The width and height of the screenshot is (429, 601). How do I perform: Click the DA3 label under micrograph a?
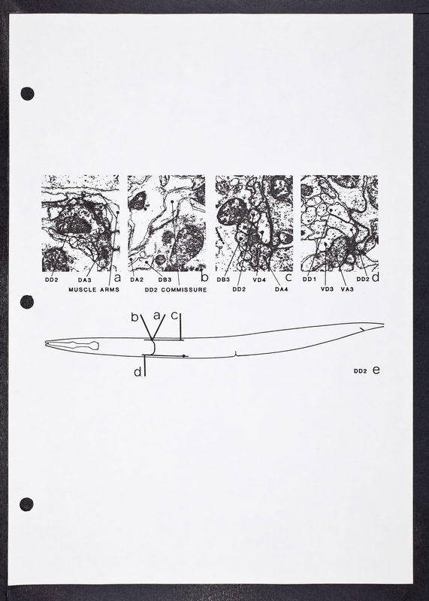click(84, 279)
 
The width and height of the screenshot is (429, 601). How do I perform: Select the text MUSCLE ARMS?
click(94, 289)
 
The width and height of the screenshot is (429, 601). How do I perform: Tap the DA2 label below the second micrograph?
click(137, 279)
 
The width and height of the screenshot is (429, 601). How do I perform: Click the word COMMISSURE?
click(183, 290)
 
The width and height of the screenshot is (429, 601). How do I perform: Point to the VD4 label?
click(259, 279)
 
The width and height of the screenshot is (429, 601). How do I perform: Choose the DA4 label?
click(282, 289)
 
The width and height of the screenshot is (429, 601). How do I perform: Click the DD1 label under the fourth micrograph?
click(309, 279)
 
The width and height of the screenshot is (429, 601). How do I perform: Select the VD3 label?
click(327, 289)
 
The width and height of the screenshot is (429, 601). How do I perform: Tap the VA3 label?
click(347, 289)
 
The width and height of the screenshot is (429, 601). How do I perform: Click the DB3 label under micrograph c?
click(223, 279)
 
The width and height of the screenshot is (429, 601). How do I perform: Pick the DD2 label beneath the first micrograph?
click(51, 279)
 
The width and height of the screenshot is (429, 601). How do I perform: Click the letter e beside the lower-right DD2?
click(376, 370)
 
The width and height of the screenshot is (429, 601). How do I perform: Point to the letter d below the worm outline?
click(137, 372)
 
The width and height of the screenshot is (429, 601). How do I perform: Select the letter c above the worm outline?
click(174, 316)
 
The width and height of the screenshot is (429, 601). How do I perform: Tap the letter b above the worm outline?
click(134, 317)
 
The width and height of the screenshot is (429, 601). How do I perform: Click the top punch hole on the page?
click(27, 93)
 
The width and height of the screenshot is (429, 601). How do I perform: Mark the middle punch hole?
click(27, 302)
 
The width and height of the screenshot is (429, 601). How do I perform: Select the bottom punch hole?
click(26, 504)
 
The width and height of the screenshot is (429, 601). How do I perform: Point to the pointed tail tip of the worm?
click(383, 325)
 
